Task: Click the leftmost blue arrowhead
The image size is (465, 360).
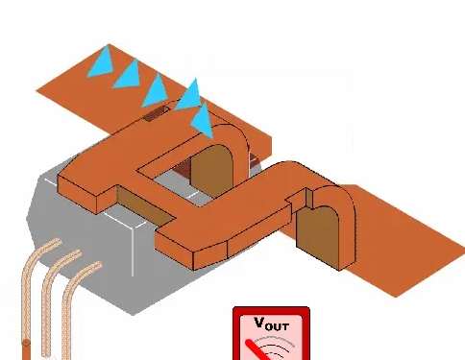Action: click(x=103, y=64)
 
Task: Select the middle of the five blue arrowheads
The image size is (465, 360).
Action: click(x=156, y=91)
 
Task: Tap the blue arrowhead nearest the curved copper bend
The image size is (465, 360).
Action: click(x=203, y=122)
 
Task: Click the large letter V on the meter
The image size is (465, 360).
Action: click(x=259, y=323)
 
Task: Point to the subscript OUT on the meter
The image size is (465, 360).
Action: click(x=278, y=326)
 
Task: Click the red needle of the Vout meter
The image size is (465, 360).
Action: click(x=257, y=350)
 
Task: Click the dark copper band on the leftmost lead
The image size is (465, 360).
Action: click(x=26, y=343)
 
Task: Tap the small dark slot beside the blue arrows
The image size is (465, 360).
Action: click(x=157, y=113)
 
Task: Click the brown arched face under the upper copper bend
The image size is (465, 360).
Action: click(x=212, y=172)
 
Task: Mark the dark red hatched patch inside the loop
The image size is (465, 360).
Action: click(x=182, y=167)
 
